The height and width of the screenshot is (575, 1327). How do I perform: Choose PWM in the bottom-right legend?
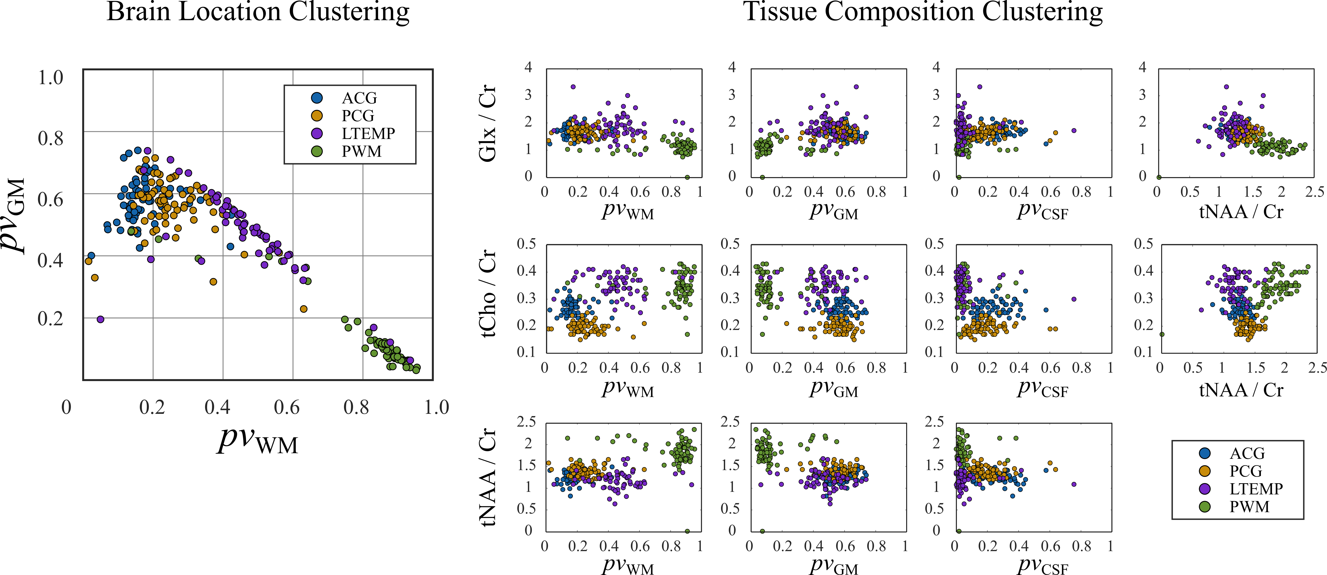click(x=1249, y=507)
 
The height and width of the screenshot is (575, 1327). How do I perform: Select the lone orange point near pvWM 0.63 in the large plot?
click(x=303, y=309)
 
